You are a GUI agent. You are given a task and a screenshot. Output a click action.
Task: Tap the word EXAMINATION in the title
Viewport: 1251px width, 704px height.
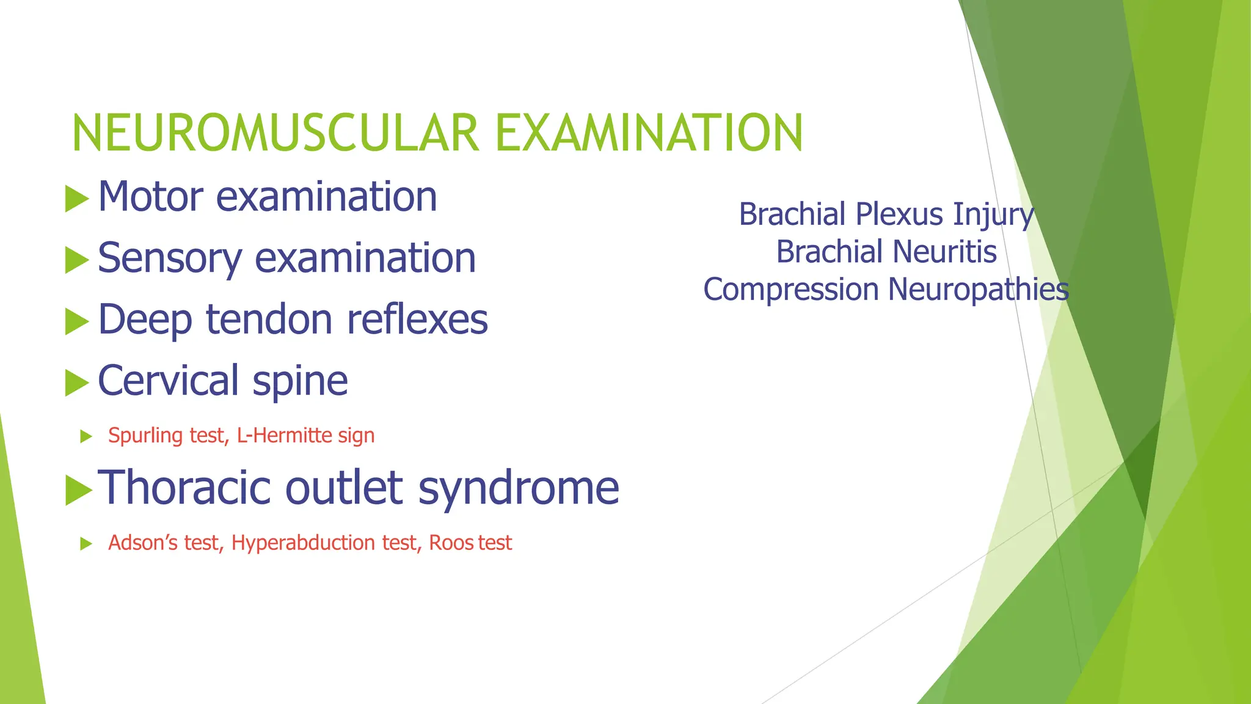pyautogui.click(x=649, y=133)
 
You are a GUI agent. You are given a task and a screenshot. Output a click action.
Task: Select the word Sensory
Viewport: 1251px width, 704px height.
pyautogui.click(x=169, y=258)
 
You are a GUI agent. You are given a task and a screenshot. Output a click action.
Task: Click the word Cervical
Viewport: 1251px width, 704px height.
pyautogui.click(x=168, y=381)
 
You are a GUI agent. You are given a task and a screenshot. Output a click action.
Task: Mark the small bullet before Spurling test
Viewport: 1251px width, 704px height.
pyautogui.click(x=86, y=436)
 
